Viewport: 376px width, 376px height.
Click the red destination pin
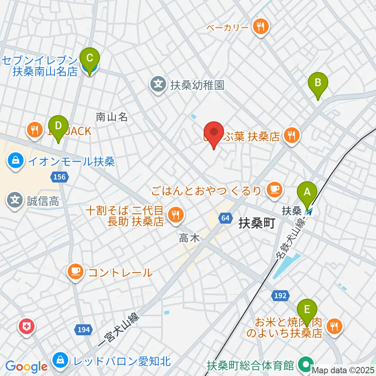(x=214, y=134)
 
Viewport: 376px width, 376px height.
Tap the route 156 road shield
(x=59, y=177)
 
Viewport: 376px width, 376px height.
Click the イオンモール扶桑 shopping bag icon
(x=15, y=161)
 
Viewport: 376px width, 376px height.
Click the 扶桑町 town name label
(x=257, y=224)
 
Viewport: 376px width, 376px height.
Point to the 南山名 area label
(x=112, y=116)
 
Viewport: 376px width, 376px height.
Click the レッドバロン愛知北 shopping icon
(x=61, y=360)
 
